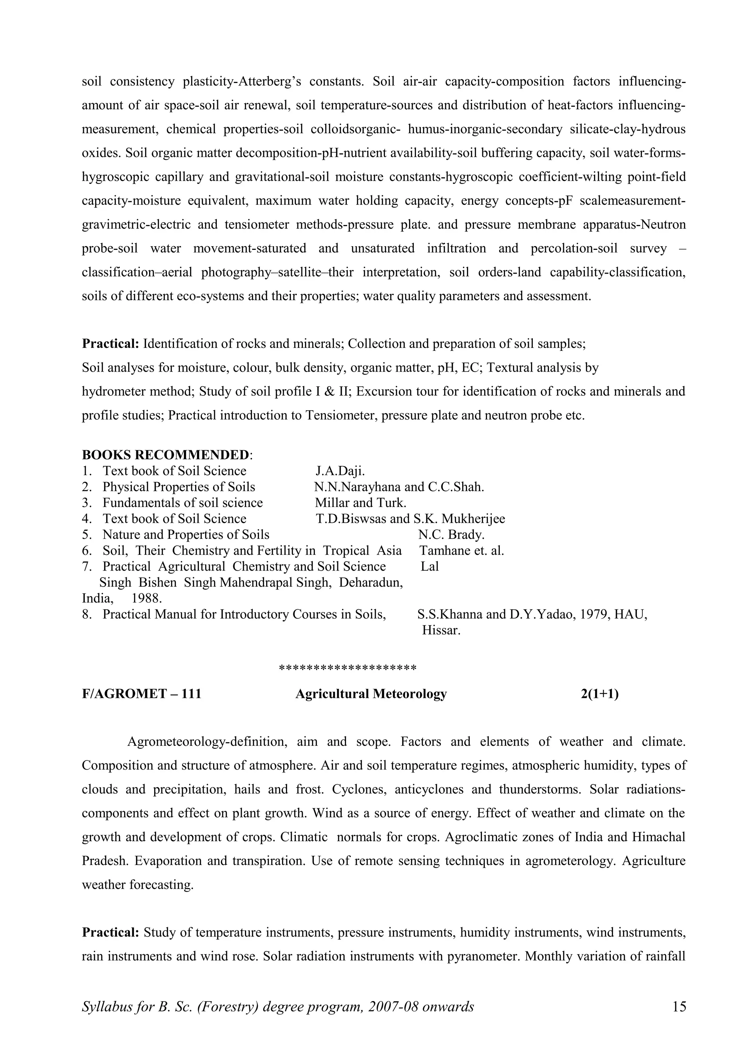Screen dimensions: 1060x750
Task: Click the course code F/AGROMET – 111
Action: (x=141, y=694)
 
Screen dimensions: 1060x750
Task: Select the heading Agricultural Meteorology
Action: (x=371, y=694)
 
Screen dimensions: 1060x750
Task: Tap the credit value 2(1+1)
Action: (x=599, y=694)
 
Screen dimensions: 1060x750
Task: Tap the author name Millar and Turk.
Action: (x=360, y=503)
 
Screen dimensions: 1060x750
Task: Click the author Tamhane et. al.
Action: (x=461, y=551)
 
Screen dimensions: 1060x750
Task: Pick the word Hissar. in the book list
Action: (x=441, y=630)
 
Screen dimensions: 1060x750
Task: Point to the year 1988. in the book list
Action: (x=146, y=598)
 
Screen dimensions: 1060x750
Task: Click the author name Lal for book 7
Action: (x=429, y=567)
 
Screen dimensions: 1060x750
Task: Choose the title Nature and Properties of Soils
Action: (x=186, y=535)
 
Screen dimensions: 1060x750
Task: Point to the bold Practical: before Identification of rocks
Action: (x=111, y=343)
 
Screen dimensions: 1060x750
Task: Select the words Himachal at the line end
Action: (x=658, y=837)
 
